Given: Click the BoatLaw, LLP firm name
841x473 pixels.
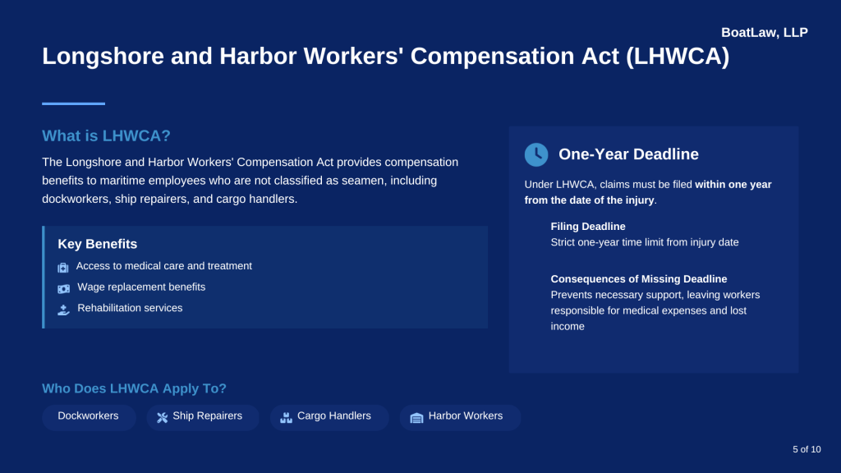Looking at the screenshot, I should [764, 33].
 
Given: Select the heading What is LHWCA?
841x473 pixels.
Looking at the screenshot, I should [106, 135].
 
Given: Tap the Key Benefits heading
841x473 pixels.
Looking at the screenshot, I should [97, 244].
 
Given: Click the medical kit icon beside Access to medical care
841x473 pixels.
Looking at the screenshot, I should [63, 268].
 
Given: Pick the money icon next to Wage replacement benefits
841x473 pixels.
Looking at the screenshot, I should [64, 288].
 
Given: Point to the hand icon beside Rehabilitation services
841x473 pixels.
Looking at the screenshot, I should [64, 310].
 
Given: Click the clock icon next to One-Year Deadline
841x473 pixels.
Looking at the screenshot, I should [536, 154].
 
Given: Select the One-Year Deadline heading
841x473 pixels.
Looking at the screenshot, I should [628, 154].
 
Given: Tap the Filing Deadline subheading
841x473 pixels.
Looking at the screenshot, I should [588, 227].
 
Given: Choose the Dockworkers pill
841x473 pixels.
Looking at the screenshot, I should [88, 416].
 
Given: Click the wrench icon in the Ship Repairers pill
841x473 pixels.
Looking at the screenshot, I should [162, 417].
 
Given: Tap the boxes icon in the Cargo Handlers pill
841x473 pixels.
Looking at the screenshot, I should [286, 417].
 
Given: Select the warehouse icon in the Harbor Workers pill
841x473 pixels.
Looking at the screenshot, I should [416, 417].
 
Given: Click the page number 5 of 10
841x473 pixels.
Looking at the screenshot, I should [807, 449].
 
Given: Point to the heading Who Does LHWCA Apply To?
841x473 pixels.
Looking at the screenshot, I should [134, 388].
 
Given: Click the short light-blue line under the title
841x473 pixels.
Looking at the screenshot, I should [73, 103].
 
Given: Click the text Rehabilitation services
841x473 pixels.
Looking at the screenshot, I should [130, 308].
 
